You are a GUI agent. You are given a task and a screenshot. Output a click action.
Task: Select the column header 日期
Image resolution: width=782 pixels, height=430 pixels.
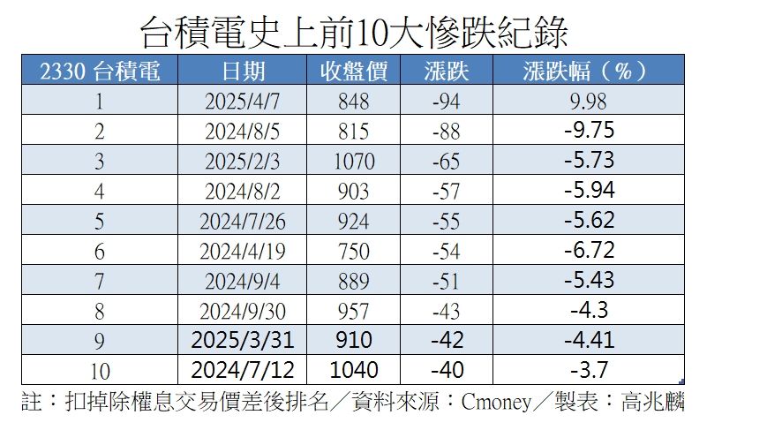click(244, 72)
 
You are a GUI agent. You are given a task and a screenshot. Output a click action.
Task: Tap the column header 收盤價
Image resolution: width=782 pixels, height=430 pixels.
click(354, 72)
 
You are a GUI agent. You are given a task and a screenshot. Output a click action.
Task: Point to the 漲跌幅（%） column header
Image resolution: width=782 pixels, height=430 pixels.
click(586, 72)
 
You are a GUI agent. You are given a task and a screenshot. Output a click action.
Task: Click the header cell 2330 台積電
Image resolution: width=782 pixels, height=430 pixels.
click(101, 72)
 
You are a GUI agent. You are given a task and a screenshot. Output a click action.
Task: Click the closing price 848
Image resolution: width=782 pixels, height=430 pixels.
click(354, 102)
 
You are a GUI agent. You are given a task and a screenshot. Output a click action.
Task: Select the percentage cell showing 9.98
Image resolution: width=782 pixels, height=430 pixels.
click(589, 102)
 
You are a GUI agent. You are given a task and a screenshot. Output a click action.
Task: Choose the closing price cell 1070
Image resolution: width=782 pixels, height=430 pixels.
click(354, 162)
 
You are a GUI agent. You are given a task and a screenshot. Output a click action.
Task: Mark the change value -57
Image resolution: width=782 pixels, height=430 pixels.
click(446, 191)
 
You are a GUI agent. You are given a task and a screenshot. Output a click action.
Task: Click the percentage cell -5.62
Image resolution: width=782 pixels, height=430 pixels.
click(589, 220)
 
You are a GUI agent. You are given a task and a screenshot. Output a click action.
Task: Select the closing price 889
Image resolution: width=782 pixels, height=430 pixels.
click(354, 280)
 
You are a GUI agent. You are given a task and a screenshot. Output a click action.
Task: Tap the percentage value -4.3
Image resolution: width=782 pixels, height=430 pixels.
click(589, 309)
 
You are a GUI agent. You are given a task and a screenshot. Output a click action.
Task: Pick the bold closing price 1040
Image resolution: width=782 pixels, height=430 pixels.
click(354, 369)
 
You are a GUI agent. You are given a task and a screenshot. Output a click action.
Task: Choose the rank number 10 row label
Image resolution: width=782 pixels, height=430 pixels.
click(100, 369)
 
